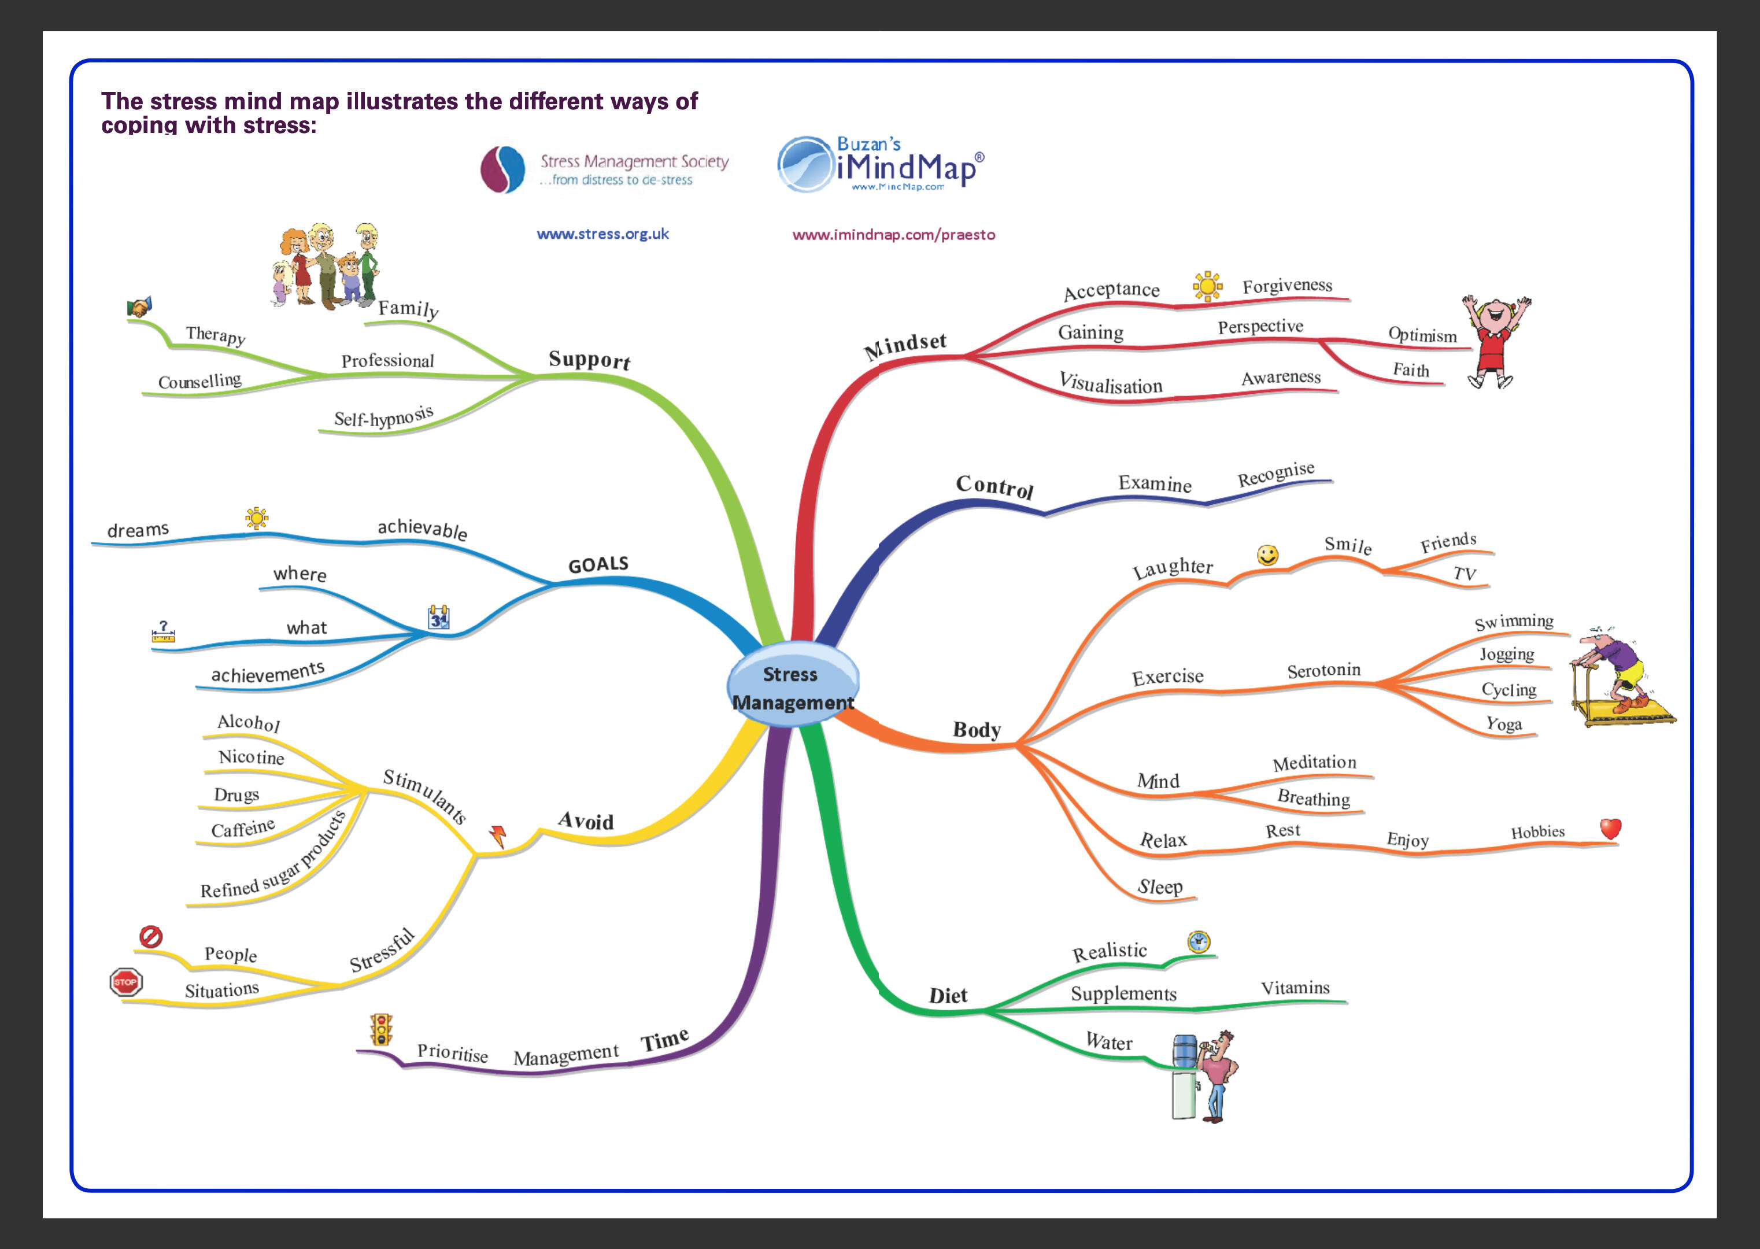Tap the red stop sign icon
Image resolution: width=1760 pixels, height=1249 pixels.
(x=125, y=982)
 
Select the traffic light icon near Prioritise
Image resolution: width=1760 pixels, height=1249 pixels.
(x=380, y=1029)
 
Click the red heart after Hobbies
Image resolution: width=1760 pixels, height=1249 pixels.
(x=1610, y=828)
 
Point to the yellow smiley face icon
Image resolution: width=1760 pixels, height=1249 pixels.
(x=1267, y=555)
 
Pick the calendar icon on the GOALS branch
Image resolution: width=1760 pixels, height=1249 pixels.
(x=438, y=618)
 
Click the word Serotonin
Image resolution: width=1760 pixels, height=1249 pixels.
(x=1323, y=671)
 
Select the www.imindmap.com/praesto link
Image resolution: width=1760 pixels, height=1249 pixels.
(x=893, y=235)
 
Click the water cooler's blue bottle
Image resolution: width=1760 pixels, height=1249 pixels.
(x=1184, y=1051)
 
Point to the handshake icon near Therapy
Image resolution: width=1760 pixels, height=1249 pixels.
(x=139, y=307)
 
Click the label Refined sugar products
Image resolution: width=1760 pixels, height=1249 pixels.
(x=273, y=857)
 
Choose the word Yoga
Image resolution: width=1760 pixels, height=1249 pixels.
(x=1503, y=724)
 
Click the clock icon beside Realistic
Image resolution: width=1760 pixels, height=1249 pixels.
(x=1198, y=941)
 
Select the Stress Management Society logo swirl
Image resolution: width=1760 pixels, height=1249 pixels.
(x=502, y=170)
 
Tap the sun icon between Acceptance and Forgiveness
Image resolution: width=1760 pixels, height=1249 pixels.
(x=1207, y=286)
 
